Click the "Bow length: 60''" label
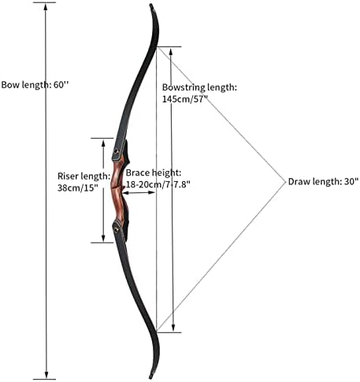tap(35, 85)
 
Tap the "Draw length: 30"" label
tap(323, 181)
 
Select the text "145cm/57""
tap(185, 99)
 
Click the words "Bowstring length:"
tap(199, 87)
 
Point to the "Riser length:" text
tap(84, 176)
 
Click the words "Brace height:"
tap(154, 172)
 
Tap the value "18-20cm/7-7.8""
tap(158, 184)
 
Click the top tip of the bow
tap(151, 5)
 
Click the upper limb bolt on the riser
tap(116, 151)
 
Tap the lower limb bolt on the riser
tap(116, 229)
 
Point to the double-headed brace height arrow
tap(139, 193)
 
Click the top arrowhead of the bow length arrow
tap(46, 6)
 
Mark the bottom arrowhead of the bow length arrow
tap(46, 375)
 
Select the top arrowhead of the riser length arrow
tap(103, 143)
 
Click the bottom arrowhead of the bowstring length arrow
tap(173, 328)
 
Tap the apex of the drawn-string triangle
tap(285, 181)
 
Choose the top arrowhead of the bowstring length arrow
tap(171, 52)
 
